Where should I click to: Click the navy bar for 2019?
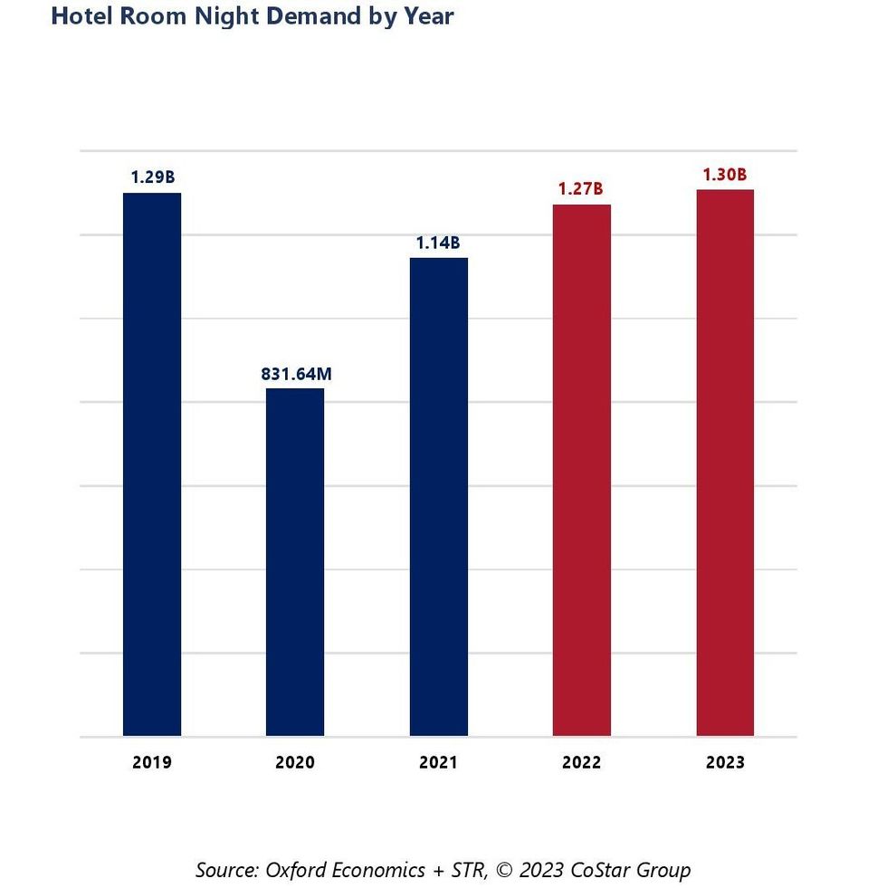(x=152, y=464)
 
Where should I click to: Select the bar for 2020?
(x=295, y=562)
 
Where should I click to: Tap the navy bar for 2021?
(x=439, y=497)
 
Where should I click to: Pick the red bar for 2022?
(x=582, y=470)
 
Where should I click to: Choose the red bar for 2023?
(x=725, y=463)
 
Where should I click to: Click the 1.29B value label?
(x=152, y=177)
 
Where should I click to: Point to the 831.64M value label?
(x=295, y=372)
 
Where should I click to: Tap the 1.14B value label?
(x=439, y=243)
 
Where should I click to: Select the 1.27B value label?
(x=581, y=189)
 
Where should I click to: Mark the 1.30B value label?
(x=725, y=174)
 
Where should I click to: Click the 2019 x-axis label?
(x=152, y=762)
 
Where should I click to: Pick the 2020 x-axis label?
(x=295, y=762)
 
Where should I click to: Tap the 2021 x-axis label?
(x=439, y=762)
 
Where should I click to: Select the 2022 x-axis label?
(x=581, y=762)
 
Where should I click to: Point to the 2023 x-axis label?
(x=725, y=762)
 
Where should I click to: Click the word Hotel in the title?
(x=80, y=15)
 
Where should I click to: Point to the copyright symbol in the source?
(x=505, y=871)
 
